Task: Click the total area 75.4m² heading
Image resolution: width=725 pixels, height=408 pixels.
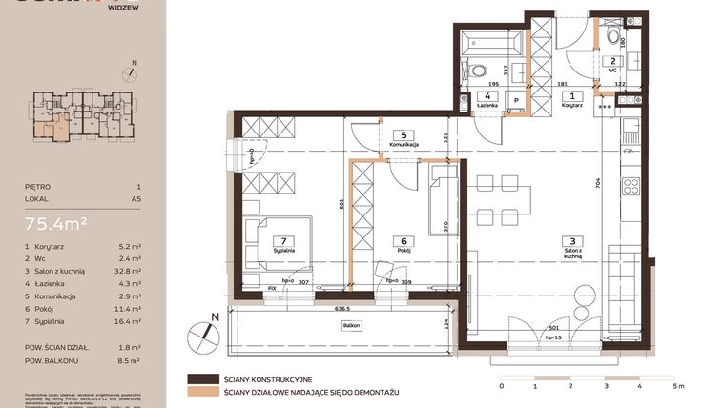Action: point(57,224)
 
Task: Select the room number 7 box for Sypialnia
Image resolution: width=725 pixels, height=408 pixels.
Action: point(281,241)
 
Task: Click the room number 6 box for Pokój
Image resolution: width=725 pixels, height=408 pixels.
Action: point(404,241)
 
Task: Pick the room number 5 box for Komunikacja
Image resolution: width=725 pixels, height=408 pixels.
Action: point(404,134)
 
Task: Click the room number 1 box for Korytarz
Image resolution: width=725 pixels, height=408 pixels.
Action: point(572,95)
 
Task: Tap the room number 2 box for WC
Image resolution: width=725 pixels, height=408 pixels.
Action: point(612,60)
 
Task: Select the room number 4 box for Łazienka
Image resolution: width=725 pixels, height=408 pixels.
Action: point(487,96)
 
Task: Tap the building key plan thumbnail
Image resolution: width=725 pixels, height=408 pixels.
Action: point(81,112)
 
